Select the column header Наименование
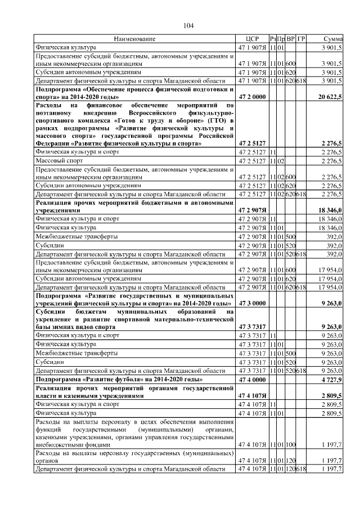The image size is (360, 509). [134, 39]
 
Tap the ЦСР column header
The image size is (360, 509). [252, 39]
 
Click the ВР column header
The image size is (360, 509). [291, 39]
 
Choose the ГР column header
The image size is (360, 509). [301, 39]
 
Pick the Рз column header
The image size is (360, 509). [273, 39]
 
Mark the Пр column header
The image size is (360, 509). [281, 39]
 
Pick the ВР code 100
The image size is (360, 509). [291, 445]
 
